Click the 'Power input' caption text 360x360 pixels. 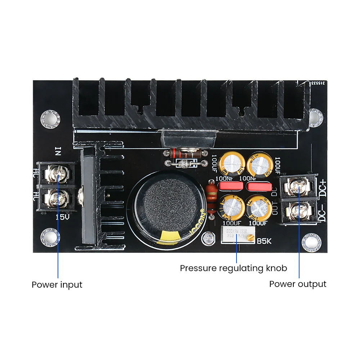57,284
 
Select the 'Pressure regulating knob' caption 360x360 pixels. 233,268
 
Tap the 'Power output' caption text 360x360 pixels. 298,284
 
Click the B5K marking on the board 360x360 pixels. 264,241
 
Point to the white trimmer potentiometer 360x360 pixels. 236,237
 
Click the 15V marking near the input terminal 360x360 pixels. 62,217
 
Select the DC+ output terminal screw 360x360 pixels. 298,186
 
